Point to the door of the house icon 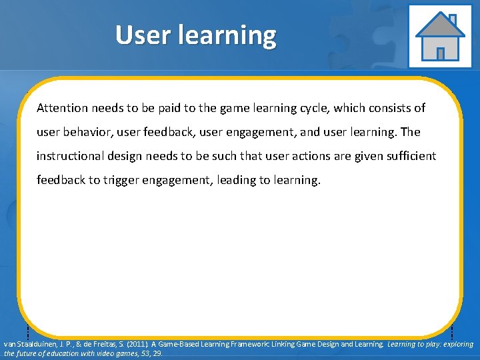(x=440, y=53)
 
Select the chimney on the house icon (x=453, y=19)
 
